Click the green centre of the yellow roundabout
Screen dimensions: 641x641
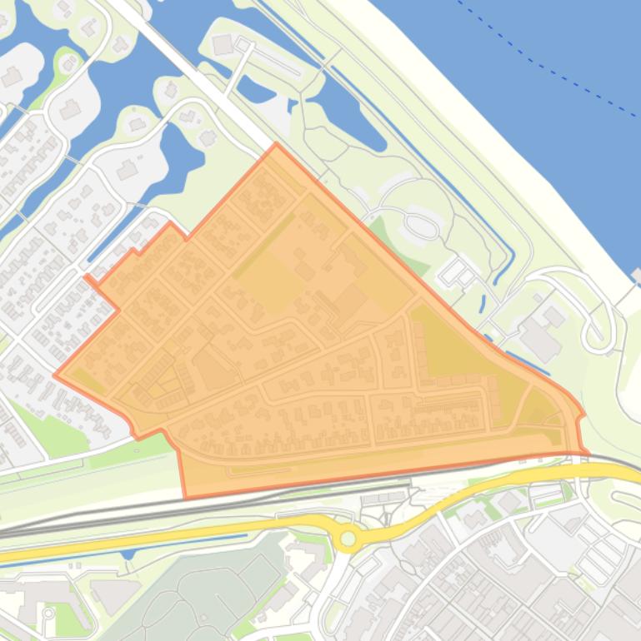[x=348, y=539]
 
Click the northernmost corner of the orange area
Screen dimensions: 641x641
[x=276, y=145]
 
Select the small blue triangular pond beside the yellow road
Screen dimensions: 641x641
[x=127, y=553]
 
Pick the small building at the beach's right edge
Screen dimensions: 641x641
[x=637, y=275]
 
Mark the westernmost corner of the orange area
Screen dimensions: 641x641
[x=56, y=375]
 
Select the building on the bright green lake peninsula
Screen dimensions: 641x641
[x=223, y=44]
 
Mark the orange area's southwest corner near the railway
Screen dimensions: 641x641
[x=185, y=497]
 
